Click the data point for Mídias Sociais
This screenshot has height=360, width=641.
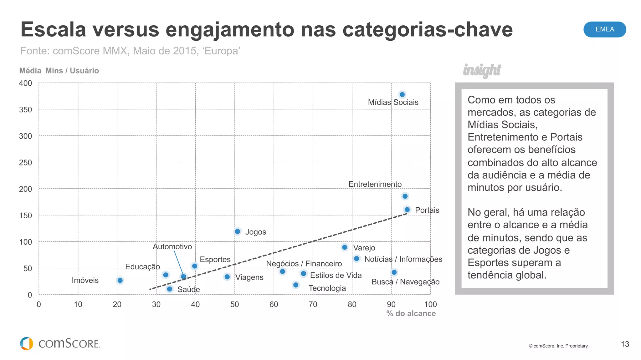pyautogui.click(x=402, y=94)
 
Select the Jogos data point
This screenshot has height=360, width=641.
pyautogui.click(x=237, y=231)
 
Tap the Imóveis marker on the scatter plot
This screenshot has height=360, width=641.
pyautogui.click(x=120, y=280)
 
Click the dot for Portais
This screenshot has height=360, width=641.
pyautogui.click(x=407, y=210)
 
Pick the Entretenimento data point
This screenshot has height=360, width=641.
pyautogui.click(x=405, y=196)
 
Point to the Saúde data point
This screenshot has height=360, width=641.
pyautogui.click(x=169, y=289)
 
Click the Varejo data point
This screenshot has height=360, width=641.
pyautogui.click(x=345, y=247)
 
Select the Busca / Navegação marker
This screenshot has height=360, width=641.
pyautogui.click(x=394, y=272)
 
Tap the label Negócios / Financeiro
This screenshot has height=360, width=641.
pyautogui.click(x=304, y=264)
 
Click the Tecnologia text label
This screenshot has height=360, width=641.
pyautogui.click(x=327, y=288)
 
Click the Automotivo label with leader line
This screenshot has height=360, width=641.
pyautogui.click(x=172, y=246)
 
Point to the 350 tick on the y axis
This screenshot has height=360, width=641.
pyautogui.click(x=25, y=110)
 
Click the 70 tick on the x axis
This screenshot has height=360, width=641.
pyautogui.click(x=313, y=304)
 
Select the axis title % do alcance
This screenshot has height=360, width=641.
pyautogui.click(x=411, y=313)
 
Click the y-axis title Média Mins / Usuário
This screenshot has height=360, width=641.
pyautogui.click(x=59, y=71)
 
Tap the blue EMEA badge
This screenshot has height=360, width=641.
pyautogui.click(x=604, y=29)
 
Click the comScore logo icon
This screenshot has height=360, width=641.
pyautogui.click(x=27, y=343)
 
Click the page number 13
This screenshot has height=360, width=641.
pyautogui.click(x=625, y=344)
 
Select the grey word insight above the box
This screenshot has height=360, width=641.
pyautogui.click(x=482, y=70)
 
